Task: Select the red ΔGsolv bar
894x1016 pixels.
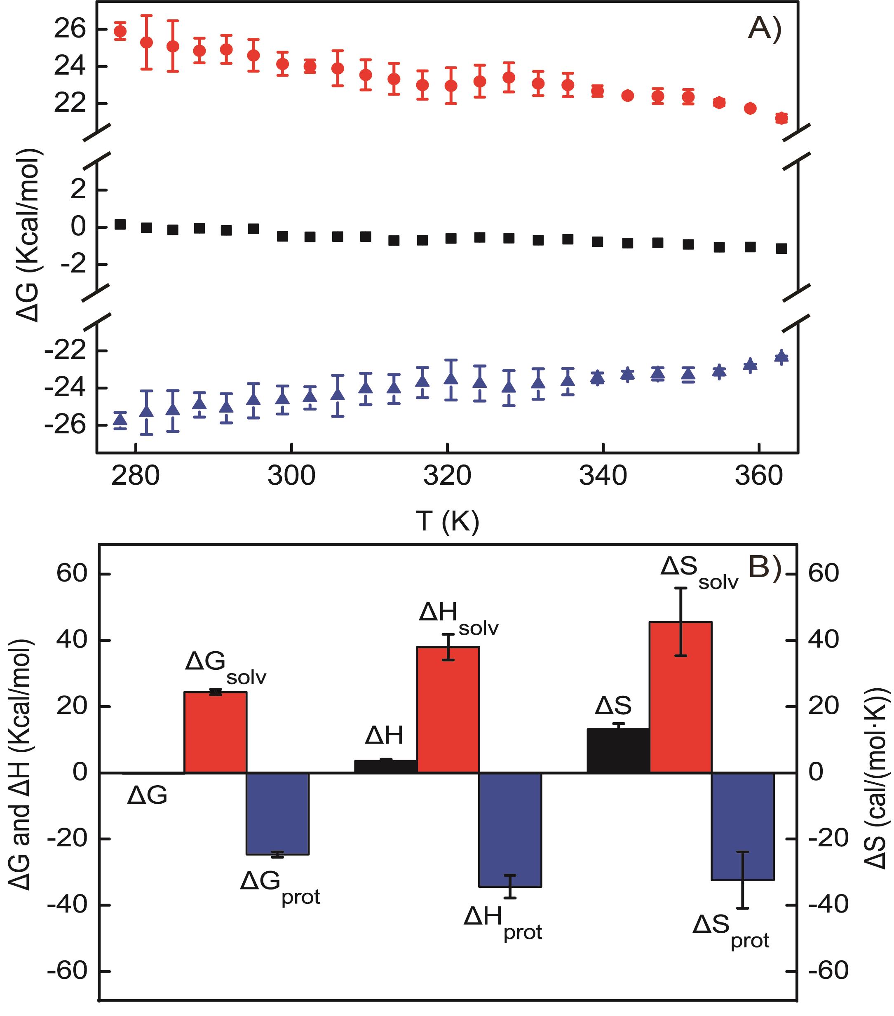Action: (215, 732)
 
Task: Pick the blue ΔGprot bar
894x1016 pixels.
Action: (278, 814)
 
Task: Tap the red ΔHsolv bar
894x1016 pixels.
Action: (448, 709)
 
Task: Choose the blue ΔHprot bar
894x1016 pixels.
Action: (510, 830)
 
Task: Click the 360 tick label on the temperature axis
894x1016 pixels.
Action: (759, 476)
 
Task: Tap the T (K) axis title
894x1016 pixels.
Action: (447, 521)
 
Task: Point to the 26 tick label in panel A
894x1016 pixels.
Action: (70, 30)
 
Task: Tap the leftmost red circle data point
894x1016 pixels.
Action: (120, 31)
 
